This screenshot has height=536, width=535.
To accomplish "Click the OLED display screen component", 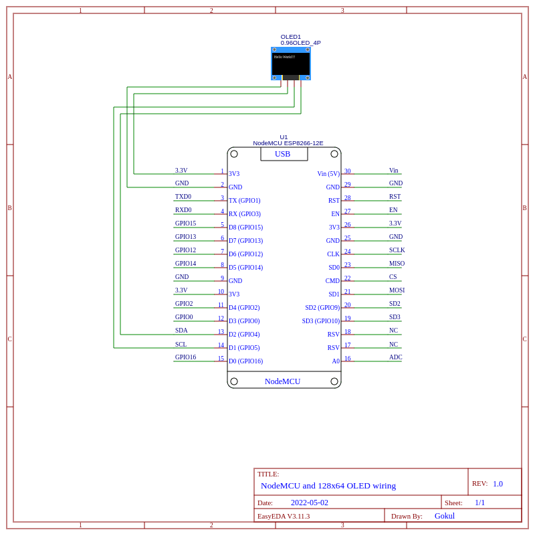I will tap(291, 64).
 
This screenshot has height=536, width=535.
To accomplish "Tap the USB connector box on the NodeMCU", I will tap(284, 154).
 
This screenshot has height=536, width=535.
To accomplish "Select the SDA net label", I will tap(181, 331).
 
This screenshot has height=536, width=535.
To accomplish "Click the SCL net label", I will tap(181, 345).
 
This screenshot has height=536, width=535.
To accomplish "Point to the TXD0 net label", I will tap(183, 197).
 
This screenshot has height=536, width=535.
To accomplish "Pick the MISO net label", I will tap(397, 264).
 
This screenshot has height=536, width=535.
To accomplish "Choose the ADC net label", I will tap(396, 357).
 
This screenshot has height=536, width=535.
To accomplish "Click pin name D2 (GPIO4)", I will tap(244, 335).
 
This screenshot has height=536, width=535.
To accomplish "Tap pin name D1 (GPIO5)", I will tap(244, 348).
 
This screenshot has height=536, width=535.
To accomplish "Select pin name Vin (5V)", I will tap(328, 174).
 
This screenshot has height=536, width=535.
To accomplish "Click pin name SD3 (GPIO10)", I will tap(321, 321).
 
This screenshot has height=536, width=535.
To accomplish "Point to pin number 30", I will tap(347, 171).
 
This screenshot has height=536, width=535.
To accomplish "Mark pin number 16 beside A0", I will tap(347, 359).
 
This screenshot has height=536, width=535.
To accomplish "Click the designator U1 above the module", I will tap(284, 137).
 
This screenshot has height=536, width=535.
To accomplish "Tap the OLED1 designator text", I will tap(290, 37).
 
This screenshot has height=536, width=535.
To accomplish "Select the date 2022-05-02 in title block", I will tap(309, 503).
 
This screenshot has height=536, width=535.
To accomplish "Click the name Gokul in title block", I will tap(445, 516).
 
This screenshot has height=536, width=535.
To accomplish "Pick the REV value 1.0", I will tap(498, 484).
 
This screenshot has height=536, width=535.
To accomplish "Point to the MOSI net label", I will tap(397, 290).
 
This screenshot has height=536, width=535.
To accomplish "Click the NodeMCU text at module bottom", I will tap(282, 381).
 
